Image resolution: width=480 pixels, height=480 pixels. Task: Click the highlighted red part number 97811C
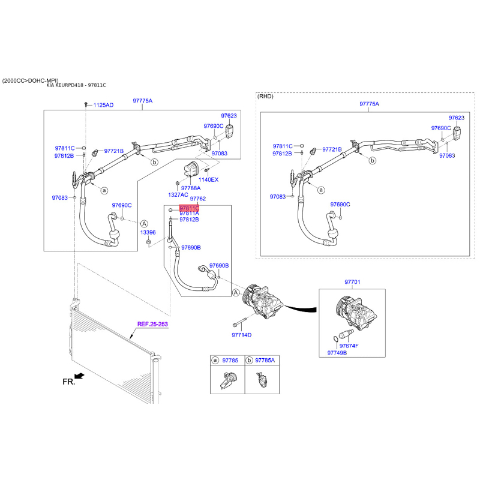click(x=189, y=208)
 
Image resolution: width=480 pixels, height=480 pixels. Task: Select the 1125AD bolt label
click(x=103, y=105)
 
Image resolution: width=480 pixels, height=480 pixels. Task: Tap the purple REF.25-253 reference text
click(x=152, y=324)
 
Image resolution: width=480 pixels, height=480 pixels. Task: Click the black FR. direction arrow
click(x=79, y=376)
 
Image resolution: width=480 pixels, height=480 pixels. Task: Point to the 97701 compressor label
click(x=352, y=282)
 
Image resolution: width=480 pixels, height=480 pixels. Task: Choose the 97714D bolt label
click(x=242, y=335)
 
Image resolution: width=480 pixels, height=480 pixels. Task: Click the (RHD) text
click(x=265, y=96)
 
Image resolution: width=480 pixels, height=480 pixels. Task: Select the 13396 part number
click(x=148, y=232)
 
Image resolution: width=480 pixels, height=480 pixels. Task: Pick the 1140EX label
click(x=208, y=179)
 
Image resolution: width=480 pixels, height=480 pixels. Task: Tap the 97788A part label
click(x=191, y=188)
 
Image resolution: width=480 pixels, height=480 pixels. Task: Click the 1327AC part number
click(x=178, y=194)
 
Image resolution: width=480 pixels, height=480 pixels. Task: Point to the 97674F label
click(x=349, y=346)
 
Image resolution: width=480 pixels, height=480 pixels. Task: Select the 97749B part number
click(x=337, y=353)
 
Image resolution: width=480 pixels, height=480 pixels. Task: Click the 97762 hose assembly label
click(x=198, y=199)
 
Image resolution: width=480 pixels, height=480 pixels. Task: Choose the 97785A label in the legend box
click(x=265, y=361)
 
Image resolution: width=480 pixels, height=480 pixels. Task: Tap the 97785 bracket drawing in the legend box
click(x=227, y=380)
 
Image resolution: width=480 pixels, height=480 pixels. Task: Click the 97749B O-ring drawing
click(x=335, y=338)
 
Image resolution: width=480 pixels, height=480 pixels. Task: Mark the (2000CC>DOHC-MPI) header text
click(x=31, y=81)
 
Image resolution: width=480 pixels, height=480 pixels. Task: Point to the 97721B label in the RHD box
click(x=332, y=149)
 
